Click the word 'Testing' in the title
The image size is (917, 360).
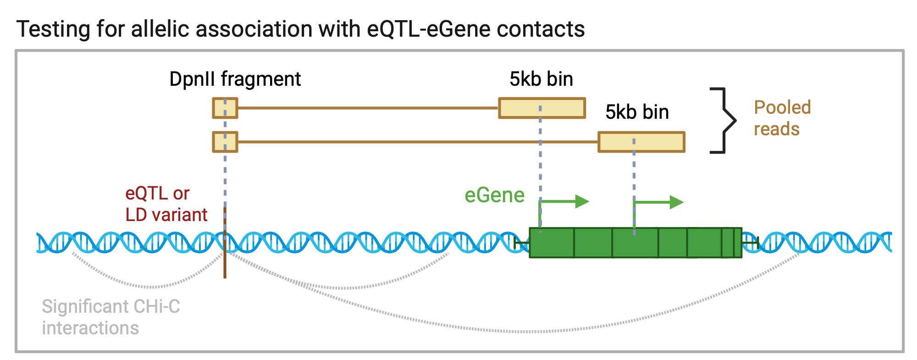tap(53, 29)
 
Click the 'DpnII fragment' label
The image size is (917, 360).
tap(235, 79)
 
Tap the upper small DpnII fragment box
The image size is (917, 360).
tap(225, 108)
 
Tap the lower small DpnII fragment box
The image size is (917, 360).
tap(225, 142)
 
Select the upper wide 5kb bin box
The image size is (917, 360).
tap(542, 108)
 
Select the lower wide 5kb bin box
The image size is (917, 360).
tap(641, 142)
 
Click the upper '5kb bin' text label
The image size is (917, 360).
tap(541, 79)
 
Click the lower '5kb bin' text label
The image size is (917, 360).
tap(637, 112)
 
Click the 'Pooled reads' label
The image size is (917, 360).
tap(782, 118)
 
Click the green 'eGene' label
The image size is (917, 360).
tap(494, 195)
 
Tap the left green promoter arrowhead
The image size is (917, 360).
tap(582, 201)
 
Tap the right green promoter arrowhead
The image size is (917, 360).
tap(677, 202)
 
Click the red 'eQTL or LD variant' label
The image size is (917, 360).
tap(166, 204)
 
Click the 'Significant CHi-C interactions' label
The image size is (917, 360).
tap(110, 317)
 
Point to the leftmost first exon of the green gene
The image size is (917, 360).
tap(552, 243)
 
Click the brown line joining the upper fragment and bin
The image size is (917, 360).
tap(368, 108)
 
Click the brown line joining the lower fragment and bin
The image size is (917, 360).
tap(418, 142)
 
